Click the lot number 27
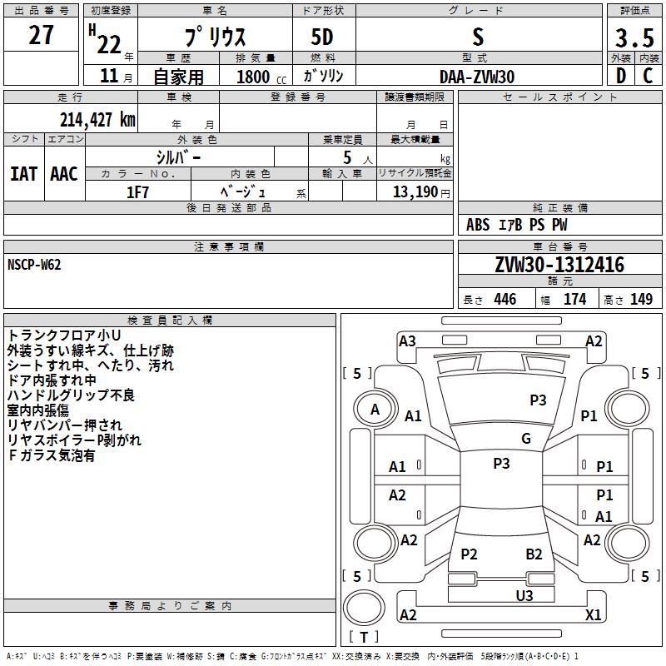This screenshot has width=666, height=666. click(41, 37)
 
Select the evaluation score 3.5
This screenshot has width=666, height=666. click(634, 38)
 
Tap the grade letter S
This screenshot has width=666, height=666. click(477, 37)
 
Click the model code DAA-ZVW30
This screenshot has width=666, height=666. click(477, 77)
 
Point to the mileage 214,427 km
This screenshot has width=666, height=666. click(97, 119)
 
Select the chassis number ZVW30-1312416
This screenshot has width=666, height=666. click(559, 265)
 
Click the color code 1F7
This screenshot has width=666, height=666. click(137, 191)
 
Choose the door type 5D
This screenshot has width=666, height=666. click(323, 38)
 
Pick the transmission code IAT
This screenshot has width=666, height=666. click(23, 173)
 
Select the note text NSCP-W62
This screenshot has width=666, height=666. click(34, 265)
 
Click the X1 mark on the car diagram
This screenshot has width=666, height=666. click(593, 614)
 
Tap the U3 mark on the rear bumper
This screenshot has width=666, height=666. click(524, 595)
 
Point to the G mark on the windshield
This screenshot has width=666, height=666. click(525, 439)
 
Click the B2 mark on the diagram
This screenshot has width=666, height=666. click(534, 554)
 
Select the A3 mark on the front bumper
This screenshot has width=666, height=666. click(407, 340)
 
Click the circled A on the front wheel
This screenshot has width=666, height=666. click(375, 410)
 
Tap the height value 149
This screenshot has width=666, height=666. click(641, 300)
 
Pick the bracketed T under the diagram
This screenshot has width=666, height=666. click(364, 638)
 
